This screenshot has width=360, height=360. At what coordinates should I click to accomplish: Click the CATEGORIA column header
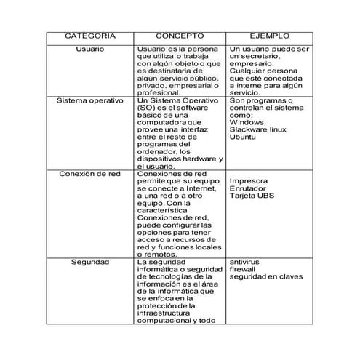[89, 36]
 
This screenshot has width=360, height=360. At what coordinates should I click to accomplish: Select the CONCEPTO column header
[180, 36]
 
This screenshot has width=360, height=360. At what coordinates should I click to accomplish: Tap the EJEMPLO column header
[269, 36]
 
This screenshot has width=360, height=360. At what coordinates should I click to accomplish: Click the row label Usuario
[89, 49]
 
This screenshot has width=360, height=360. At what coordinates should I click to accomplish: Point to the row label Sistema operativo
[89, 101]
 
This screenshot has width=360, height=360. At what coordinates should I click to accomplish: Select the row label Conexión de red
[89, 175]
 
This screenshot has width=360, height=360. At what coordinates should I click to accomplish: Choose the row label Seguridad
[89, 261]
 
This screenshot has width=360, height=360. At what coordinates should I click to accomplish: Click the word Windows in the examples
[246, 123]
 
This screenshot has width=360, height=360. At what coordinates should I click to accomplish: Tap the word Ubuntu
[244, 137]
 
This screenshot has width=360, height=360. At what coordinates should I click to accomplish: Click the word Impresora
[248, 181]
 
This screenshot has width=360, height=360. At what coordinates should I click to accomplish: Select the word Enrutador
[248, 188]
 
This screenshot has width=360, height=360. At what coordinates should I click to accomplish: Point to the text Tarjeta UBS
[252, 196]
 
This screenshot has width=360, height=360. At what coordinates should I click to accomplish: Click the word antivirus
[244, 261]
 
